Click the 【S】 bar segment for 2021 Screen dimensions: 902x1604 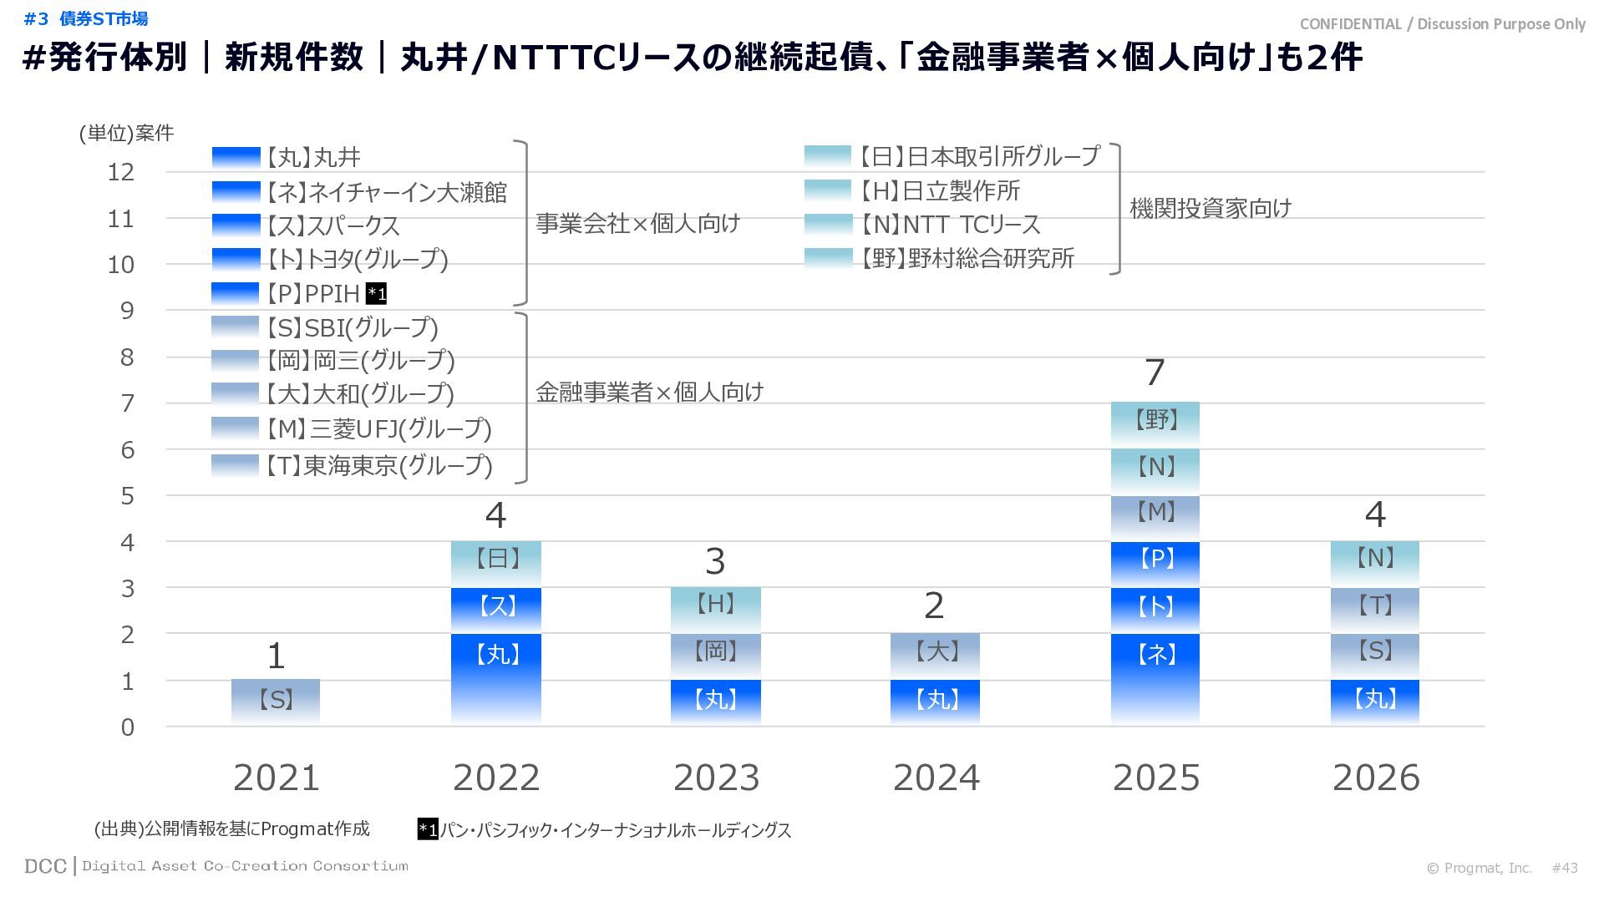click(x=276, y=701)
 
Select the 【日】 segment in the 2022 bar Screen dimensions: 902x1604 click(x=496, y=563)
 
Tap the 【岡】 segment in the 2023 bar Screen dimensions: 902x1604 click(x=715, y=655)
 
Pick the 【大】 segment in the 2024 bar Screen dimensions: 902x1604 click(x=935, y=655)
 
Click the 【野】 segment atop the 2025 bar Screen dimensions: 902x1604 click(x=1155, y=423)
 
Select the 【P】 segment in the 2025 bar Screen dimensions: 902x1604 click(x=1155, y=563)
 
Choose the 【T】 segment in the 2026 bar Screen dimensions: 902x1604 click(x=1374, y=609)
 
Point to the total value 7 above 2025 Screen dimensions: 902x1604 click(x=1155, y=372)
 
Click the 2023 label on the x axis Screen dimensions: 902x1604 click(x=716, y=778)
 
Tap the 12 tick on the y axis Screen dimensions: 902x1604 click(x=121, y=172)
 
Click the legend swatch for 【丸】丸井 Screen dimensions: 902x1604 click(x=236, y=157)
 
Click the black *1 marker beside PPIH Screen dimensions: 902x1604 click(x=377, y=294)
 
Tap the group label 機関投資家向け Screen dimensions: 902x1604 click(x=1211, y=208)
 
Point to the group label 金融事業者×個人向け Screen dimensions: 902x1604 click(x=649, y=393)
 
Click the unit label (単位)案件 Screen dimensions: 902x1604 click(x=127, y=134)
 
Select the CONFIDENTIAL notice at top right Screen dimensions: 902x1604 click(x=1442, y=24)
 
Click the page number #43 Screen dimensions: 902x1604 click(x=1564, y=868)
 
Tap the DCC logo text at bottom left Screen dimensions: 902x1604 click(x=45, y=866)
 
